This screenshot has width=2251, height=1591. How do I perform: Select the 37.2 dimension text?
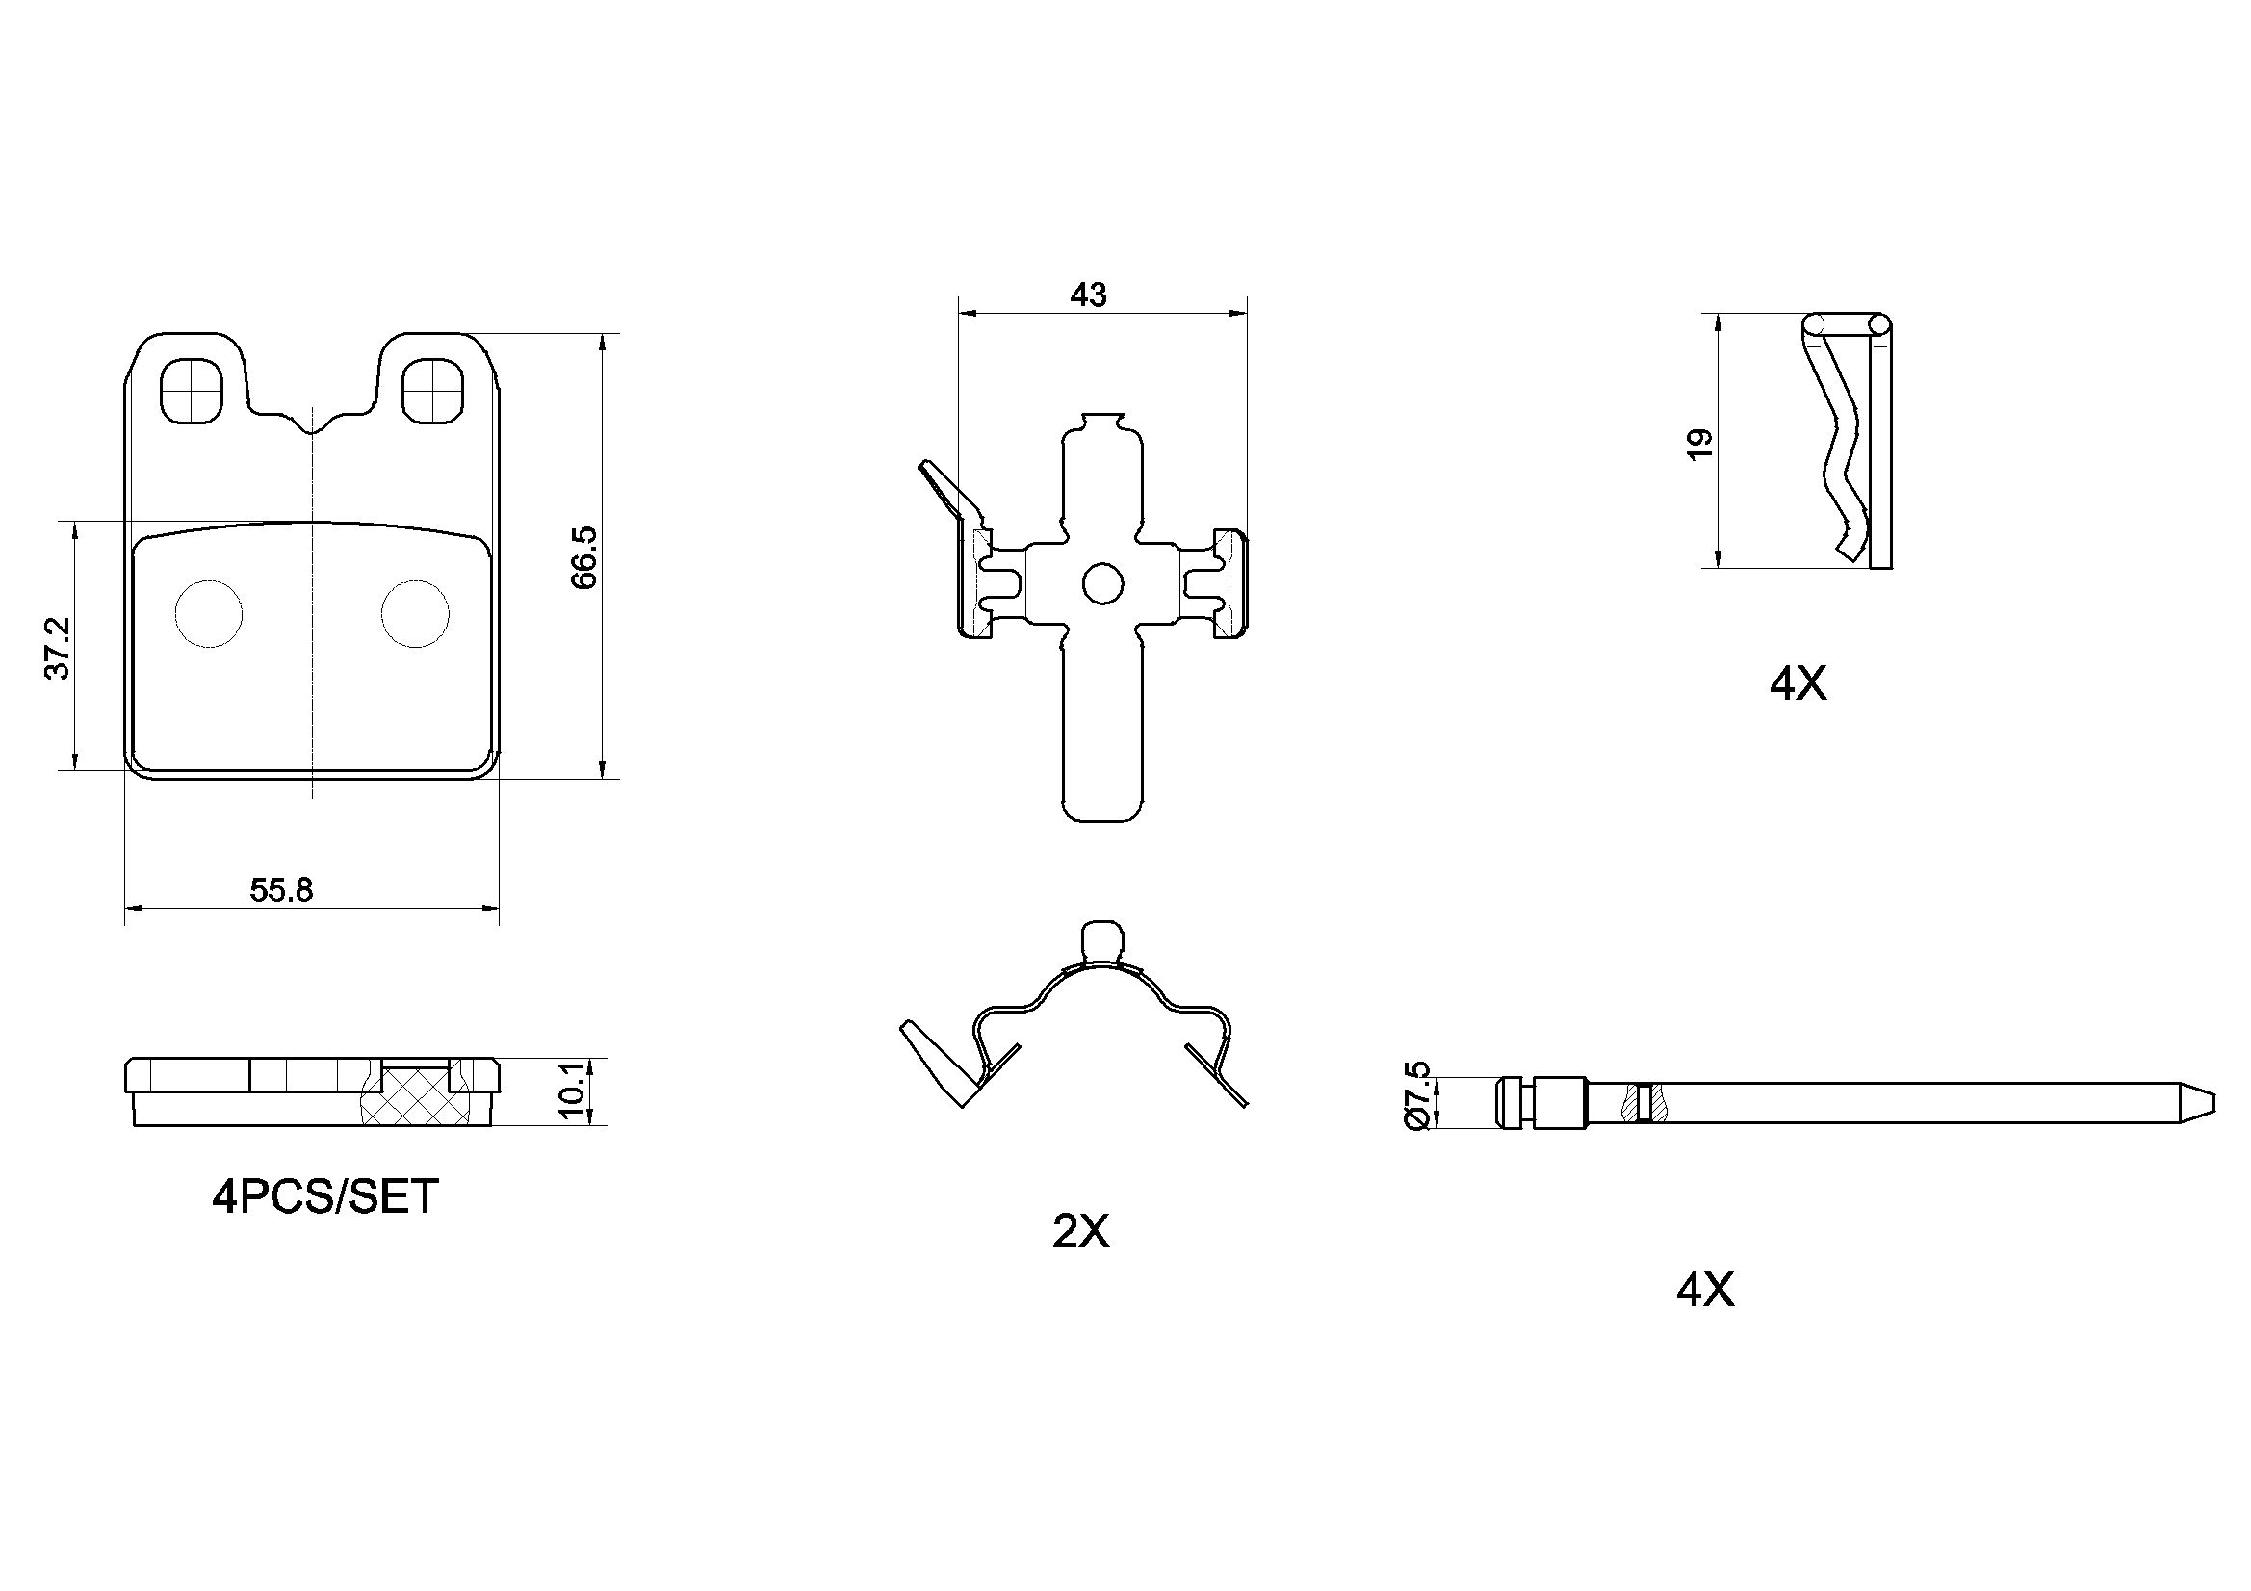pos(58,647)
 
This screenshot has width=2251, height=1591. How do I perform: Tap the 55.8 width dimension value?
pos(281,890)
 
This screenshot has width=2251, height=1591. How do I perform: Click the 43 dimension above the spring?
pos(1088,295)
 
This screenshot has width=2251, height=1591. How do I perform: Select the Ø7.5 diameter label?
pos(1418,1096)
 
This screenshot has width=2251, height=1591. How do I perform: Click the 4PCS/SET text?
pos(325,1197)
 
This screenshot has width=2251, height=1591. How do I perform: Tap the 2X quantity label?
pos(1080,1231)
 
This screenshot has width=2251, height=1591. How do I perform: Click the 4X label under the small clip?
pos(1798,684)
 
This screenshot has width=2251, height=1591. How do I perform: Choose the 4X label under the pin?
pos(1705,1290)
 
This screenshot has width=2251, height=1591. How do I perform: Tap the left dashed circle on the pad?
pos(208,614)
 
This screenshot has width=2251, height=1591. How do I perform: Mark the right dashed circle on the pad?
pos(416,614)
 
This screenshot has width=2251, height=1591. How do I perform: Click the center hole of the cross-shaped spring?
pos(1103,584)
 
